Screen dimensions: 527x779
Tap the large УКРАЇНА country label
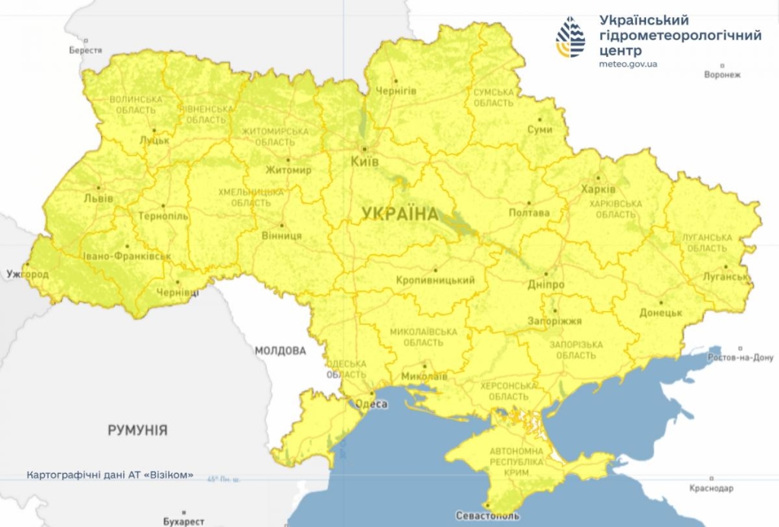tap(400, 214)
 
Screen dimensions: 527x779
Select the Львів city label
tap(100, 198)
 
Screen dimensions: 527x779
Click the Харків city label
tap(593, 189)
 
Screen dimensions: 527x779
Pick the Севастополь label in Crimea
tap(488, 516)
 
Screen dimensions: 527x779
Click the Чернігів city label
tap(396, 90)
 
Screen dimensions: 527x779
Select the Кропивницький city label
tap(436, 280)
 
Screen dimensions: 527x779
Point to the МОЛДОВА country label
tap(280, 351)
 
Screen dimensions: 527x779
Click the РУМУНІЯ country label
tap(137, 430)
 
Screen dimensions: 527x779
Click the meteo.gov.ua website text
tap(628, 63)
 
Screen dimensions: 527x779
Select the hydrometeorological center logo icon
tap(571, 38)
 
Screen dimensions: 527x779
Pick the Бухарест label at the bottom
tap(183, 521)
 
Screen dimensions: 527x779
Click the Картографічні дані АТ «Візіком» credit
tap(110, 475)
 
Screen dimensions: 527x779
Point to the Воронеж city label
tap(722, 75)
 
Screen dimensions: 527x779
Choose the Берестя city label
tap(85, 50)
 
